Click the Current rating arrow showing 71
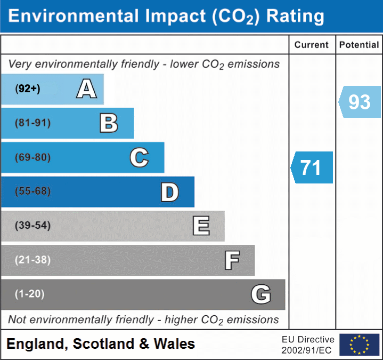click(x=312, y=167)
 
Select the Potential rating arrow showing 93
click(x=360, y=102)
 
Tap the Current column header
click(x=312, y=45)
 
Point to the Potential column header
click(x=359, y=45)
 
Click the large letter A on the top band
click(x=87, y=89)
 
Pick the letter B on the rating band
click(x=109, y=123)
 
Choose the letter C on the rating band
click(x=139, y=157)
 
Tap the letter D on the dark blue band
click(x=170, y=192)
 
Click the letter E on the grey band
click(x=201, y=226)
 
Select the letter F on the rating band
click(x=232, y=260)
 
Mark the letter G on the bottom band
click(x=261, y=294)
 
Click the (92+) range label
click(x=28, y=89)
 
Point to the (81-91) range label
click(x=32, y=123)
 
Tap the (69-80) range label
click(x=32, y=157)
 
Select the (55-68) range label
click(x=32, y=191)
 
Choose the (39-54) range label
click(x=32, y=225)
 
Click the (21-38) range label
click(x=32, y=260)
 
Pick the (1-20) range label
click(x=29, y=294)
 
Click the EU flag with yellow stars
click(x=360, y=345)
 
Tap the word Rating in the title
click(x=295, y=17)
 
